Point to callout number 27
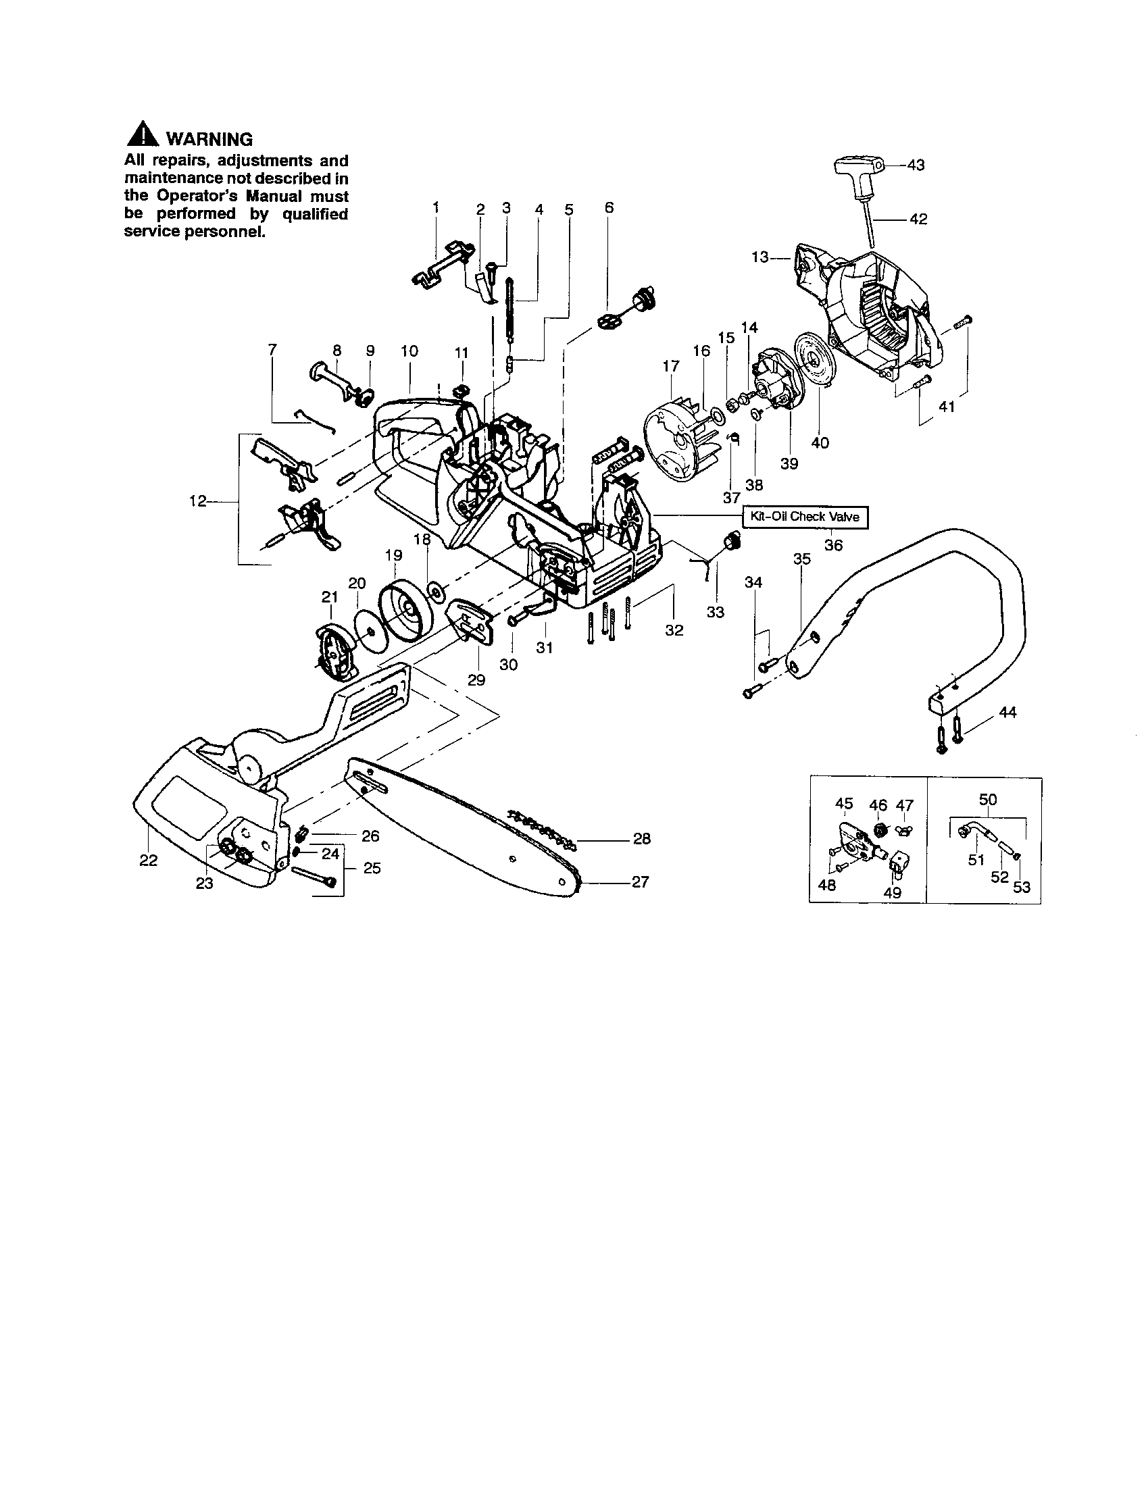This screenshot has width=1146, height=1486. coord(640,881)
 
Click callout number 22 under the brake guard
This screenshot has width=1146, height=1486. coord(149,860)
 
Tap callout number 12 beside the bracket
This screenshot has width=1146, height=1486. coord(197,501)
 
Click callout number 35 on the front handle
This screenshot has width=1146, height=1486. coord(802,559)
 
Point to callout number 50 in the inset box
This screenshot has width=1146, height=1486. coord(987,800)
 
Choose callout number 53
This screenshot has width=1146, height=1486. coord(1022,888)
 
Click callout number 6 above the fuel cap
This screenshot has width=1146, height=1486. coord(609,207)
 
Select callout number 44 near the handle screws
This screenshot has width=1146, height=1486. coord(1007,712)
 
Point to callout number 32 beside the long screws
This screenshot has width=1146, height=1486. coord(674,630)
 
